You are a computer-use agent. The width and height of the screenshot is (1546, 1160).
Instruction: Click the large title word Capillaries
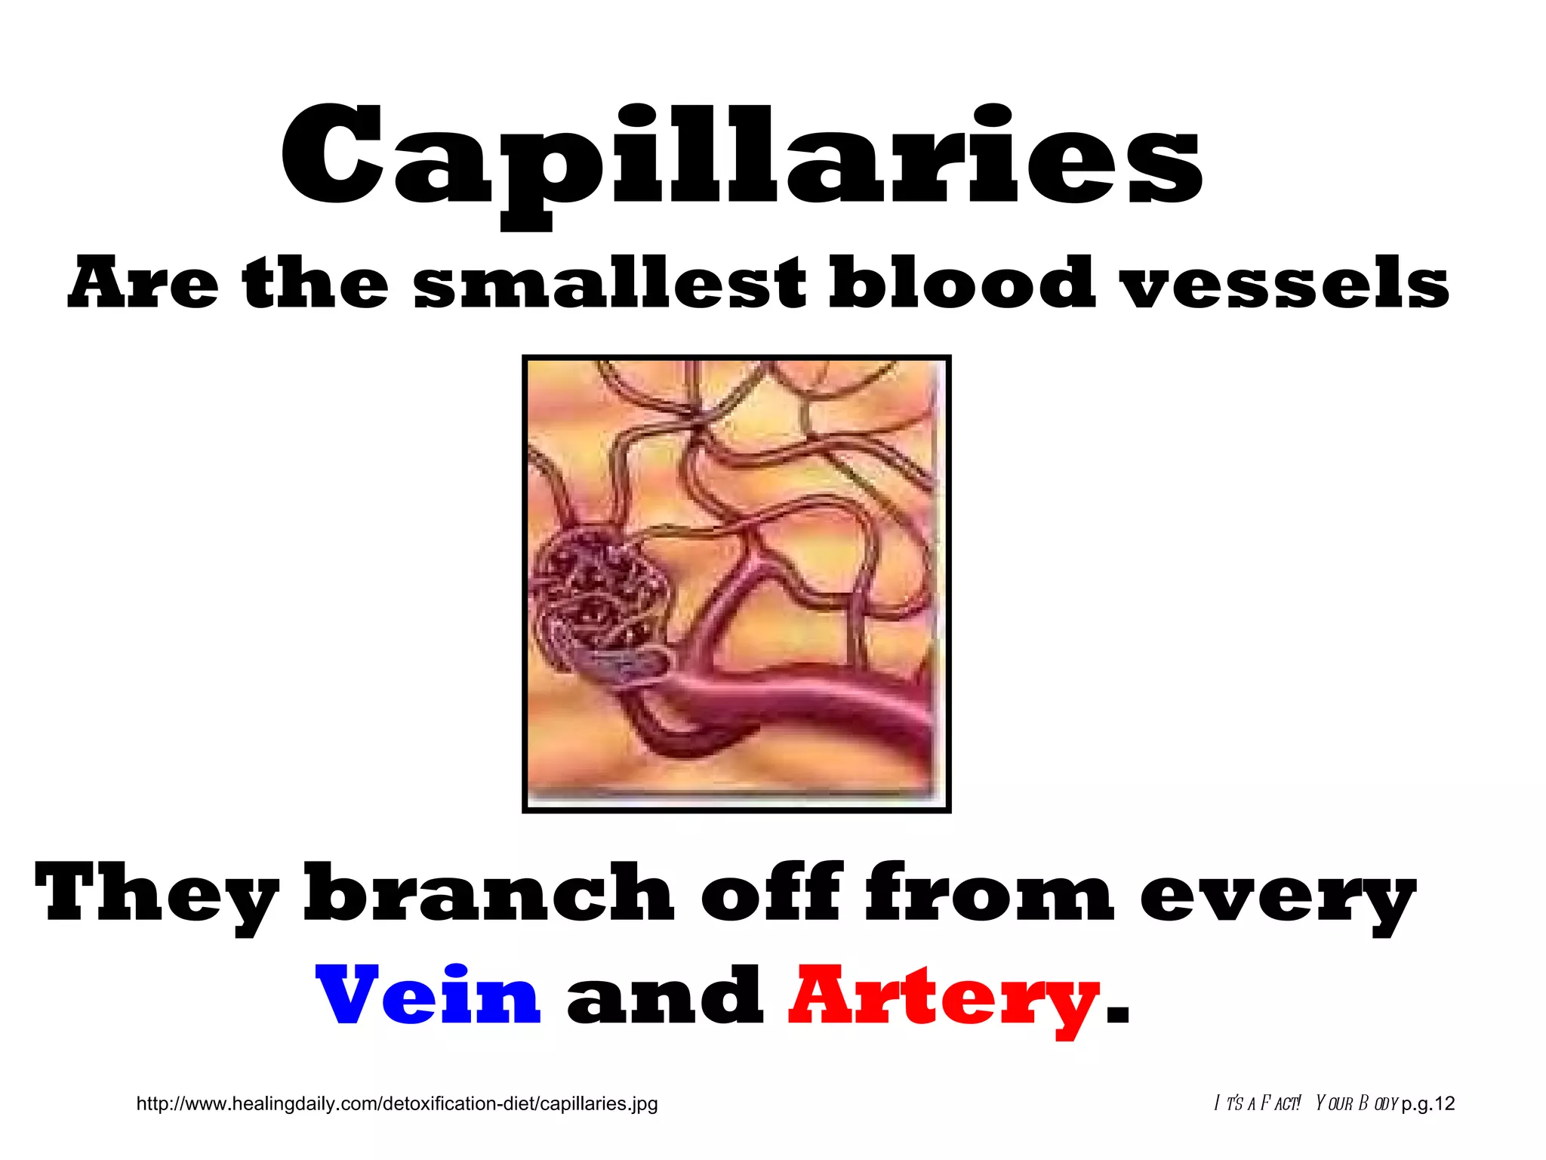click(x=741, y=159)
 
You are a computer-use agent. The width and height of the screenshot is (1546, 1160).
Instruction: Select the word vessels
click(x=1286, y=285)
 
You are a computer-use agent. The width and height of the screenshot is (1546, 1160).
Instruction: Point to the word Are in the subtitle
click(x=143, y=283)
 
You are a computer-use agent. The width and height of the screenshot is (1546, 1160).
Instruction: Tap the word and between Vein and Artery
click(x=664, y=997)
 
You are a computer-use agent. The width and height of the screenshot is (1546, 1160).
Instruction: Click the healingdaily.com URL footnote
click(x=397, y=1103)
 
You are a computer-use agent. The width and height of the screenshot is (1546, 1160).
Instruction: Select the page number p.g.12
click(x=1427, y=1103)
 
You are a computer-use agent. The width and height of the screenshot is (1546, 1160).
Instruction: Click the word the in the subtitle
click(x=316, y=283)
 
